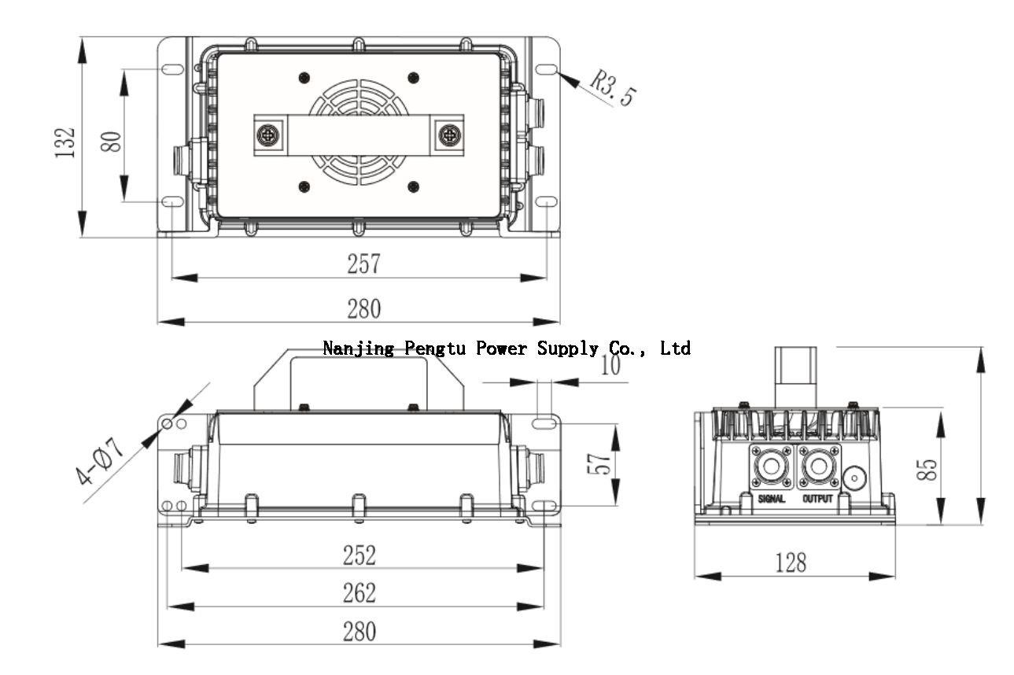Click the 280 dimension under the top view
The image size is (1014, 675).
[364, 308]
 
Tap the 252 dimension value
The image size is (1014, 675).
[359, 555]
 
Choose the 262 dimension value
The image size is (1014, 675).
[359, 592]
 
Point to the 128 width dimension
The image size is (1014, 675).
[790, 562]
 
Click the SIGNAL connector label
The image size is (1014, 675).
[772, 499]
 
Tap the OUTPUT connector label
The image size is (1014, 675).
[817, 499]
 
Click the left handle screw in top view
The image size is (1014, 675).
[270, 132]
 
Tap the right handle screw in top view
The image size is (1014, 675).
[448, 132]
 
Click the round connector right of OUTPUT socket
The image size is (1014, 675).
[854, 477]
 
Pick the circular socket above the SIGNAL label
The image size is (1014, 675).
[772, 467]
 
